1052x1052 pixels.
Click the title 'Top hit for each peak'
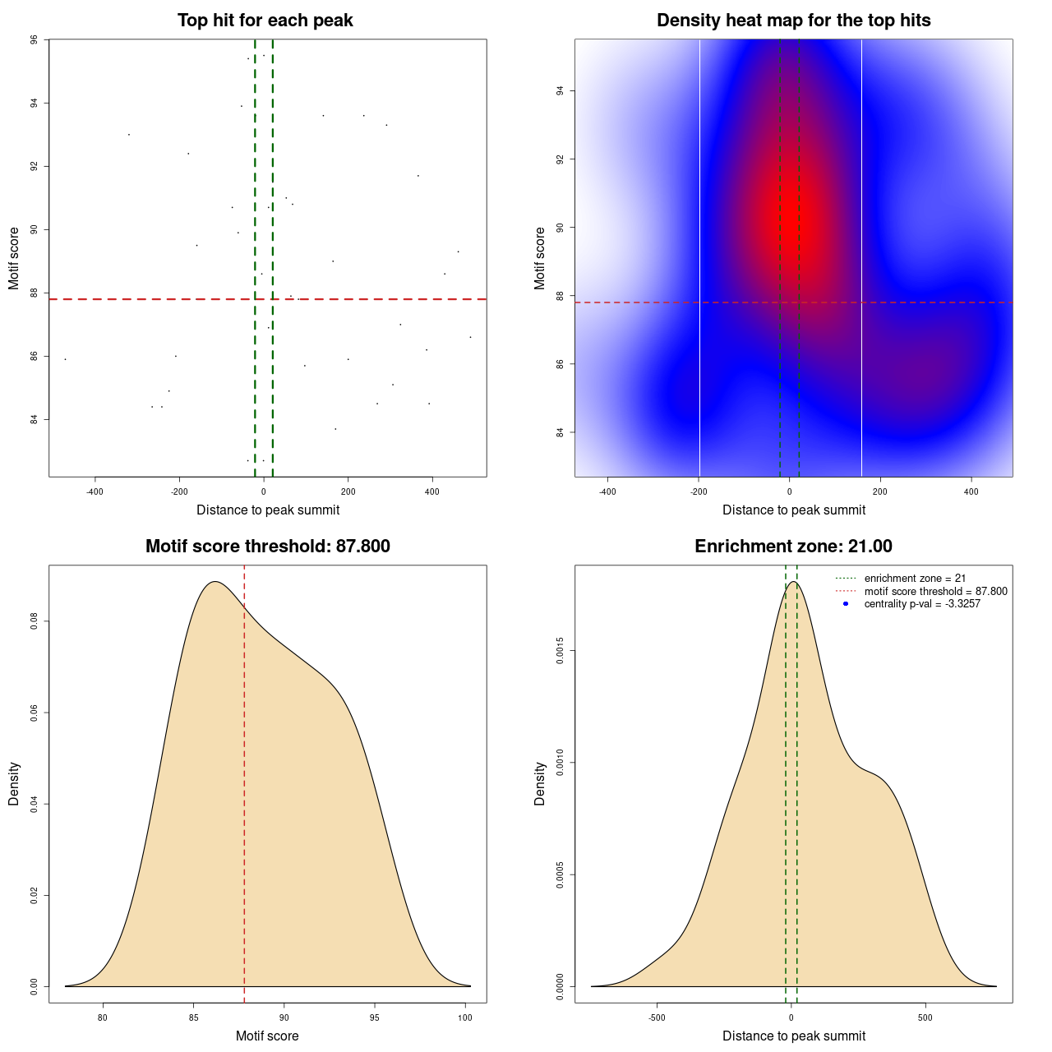pos(265,21)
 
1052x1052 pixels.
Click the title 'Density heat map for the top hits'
pos(793,21)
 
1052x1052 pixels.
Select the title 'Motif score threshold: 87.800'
pos(267,547)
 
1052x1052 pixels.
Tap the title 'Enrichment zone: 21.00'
pos(793,547)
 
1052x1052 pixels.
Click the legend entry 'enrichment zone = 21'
pos(915,579)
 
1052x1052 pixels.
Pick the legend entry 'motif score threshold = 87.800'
pos(935,591)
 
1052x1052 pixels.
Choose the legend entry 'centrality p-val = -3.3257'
pos(922,603)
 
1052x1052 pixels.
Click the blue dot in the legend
pos(845,603)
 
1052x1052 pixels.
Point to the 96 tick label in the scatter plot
pos(34,39)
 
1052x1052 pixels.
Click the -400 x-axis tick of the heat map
pos(607,491)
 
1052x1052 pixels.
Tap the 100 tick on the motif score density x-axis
pos(465,1017)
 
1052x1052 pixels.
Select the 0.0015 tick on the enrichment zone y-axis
pos(561,651)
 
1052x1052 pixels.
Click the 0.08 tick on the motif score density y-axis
pos(34,621)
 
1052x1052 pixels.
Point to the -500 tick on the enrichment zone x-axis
pos(657,1017)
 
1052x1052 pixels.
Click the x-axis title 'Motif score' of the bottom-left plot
pos(267,1036)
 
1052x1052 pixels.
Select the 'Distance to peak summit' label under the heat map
pos(794,510)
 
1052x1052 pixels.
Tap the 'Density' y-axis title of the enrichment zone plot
pos(540,783)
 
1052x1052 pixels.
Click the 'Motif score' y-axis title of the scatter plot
pos(14,258)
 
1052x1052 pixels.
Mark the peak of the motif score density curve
pos(215,582)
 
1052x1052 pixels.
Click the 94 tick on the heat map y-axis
pos(561,90)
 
